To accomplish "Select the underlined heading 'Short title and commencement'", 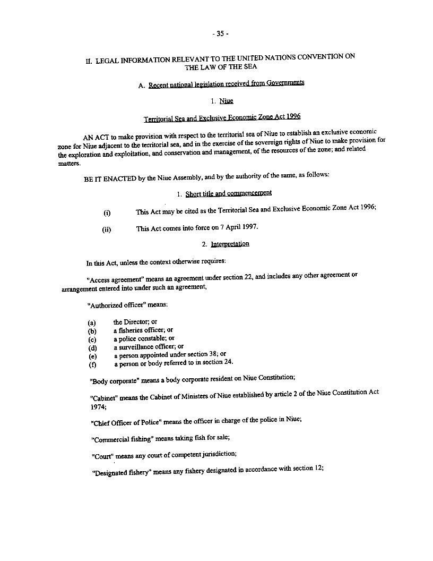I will [229, 193].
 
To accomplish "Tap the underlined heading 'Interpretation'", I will [230, 244].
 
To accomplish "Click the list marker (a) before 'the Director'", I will [92, 322].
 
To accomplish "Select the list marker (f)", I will [92, 365].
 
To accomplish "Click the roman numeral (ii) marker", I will [106, 230].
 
